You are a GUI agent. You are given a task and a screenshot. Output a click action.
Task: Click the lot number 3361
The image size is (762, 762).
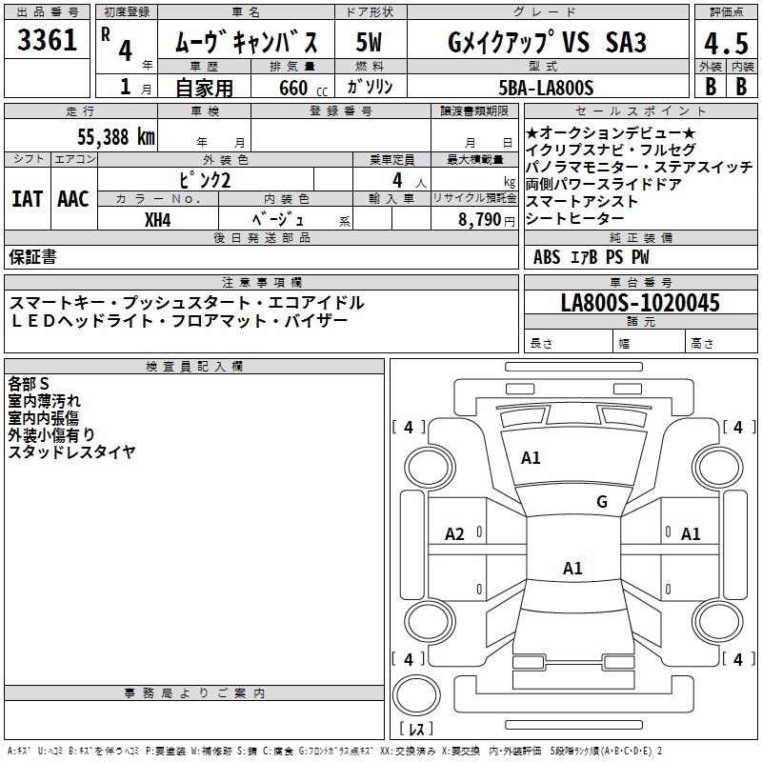tap(47, 40)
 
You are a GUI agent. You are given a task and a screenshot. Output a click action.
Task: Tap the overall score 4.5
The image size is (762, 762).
tap(726, 43)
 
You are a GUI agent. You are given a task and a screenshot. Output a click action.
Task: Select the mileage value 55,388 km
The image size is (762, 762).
tap(116, 137)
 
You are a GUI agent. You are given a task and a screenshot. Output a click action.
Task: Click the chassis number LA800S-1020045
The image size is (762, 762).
tap(640, 302)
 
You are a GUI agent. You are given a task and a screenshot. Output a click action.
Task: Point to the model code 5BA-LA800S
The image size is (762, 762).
tap(546, 88)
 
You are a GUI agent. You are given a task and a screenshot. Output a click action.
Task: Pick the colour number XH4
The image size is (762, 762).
tap(158, 220)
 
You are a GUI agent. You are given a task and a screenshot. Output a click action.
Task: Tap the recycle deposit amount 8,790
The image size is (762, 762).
tap(479, 219)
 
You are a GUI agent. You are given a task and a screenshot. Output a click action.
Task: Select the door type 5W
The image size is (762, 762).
tap(369, 42)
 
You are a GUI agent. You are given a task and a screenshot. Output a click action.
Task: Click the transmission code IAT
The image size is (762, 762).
tap(27, 199)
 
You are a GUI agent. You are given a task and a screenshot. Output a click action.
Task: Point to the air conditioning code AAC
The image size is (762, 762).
tap(73, 199)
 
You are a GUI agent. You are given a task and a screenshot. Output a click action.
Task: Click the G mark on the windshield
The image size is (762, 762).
tap(602, 501)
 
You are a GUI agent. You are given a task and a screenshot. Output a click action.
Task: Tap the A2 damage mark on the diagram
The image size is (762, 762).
tap(454, 534)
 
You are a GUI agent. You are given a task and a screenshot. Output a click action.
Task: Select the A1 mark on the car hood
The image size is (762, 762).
tap(531, 458)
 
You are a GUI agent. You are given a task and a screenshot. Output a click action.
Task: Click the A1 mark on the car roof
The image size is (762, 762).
tap(572, 568)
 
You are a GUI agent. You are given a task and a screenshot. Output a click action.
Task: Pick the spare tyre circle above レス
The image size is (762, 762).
tap(416, 695)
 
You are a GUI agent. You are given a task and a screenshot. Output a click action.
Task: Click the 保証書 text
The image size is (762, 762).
tap(32, 256)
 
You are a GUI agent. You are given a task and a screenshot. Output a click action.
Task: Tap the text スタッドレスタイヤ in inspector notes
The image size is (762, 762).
tap(72, 451)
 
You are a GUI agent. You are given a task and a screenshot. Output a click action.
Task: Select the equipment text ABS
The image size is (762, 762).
tap(547, 257)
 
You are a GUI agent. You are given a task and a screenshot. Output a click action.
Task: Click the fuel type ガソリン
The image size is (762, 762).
tap(370, 87)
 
